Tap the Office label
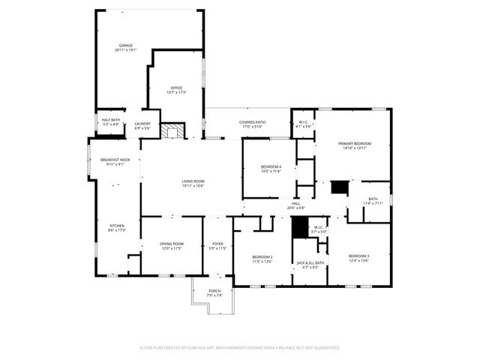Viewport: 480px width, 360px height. (176, 90)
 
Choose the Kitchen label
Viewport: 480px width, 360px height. (117, 228)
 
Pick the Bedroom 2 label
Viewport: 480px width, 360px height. (261, 259)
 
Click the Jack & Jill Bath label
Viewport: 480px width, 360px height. (310, 265)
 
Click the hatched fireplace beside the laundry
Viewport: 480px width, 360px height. (175, 131)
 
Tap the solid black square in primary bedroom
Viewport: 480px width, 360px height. (340, 187)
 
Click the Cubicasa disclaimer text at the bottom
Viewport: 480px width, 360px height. (240, 347)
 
